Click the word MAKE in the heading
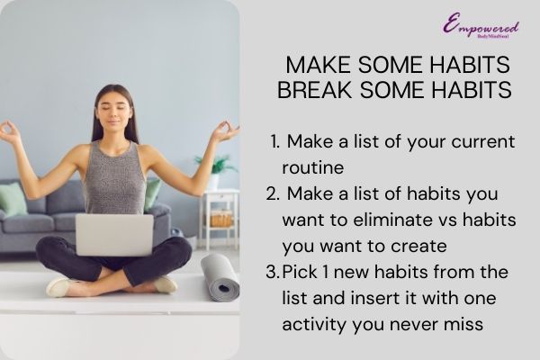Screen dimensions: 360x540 pyautogui.click(x=312, y=67)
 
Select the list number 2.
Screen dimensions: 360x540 pyautogui.click(x=273, y=194)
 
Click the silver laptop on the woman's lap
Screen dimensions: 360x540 pyautogui.click(x=114, y=234)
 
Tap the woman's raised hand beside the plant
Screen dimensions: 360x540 pyautogui.click(x=222, y=133)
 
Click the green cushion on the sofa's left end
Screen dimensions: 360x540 pyautogui.click(x=12, y=199)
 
